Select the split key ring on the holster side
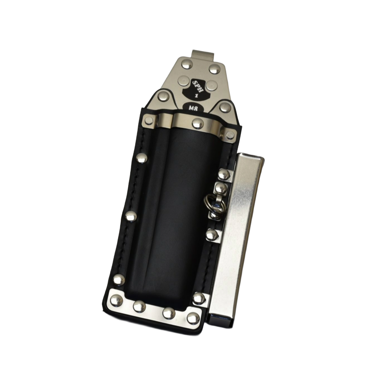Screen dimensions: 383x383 click(212, 207)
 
